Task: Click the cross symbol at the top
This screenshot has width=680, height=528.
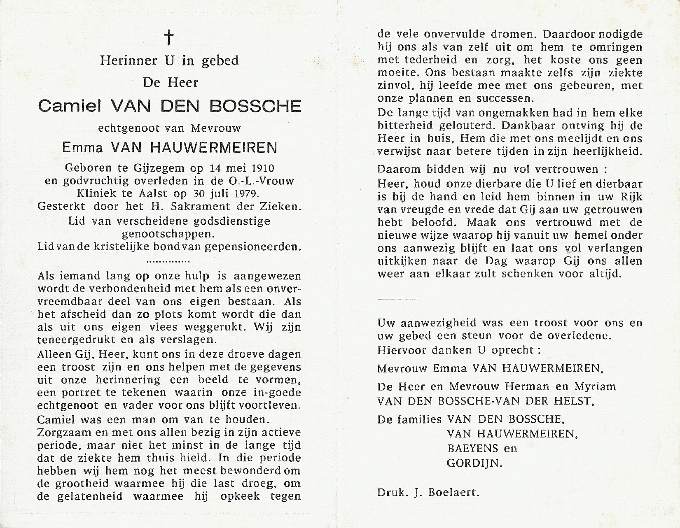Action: [x=169, y=38]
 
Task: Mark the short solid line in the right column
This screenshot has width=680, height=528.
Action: [x=399, y=298]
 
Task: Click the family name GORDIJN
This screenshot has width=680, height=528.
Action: [x=474, y=463]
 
